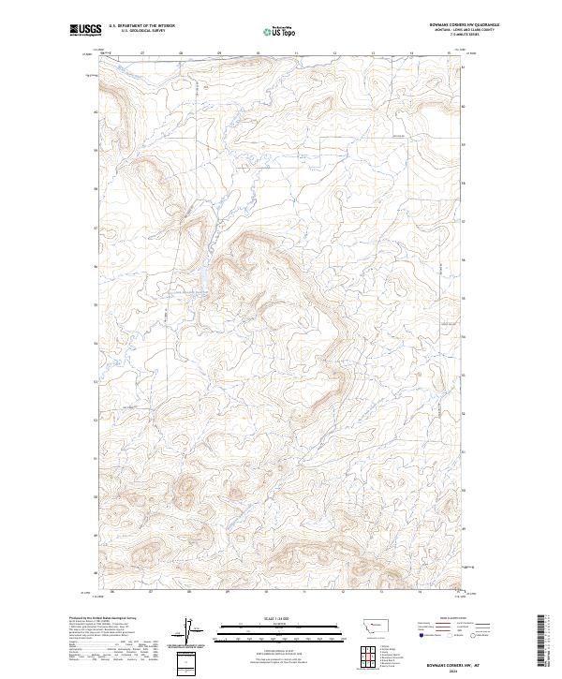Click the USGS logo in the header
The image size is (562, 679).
coord(84,30)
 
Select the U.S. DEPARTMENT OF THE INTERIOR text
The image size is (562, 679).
coord(141,25)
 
